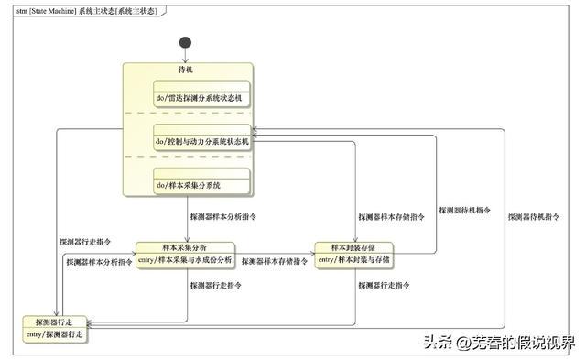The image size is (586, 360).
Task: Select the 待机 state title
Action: pyautogui.click(x=186, y=70)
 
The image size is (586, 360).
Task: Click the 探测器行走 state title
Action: pyautogui.click(x=55, y=322)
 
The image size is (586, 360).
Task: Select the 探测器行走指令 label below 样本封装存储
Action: pyautogui.click(x=383, y=286)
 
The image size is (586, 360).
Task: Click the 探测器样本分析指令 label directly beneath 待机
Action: pyautogui.click(x=223, y=218)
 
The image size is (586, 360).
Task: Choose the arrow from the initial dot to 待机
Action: pyautogui.click(x=186, y=55)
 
